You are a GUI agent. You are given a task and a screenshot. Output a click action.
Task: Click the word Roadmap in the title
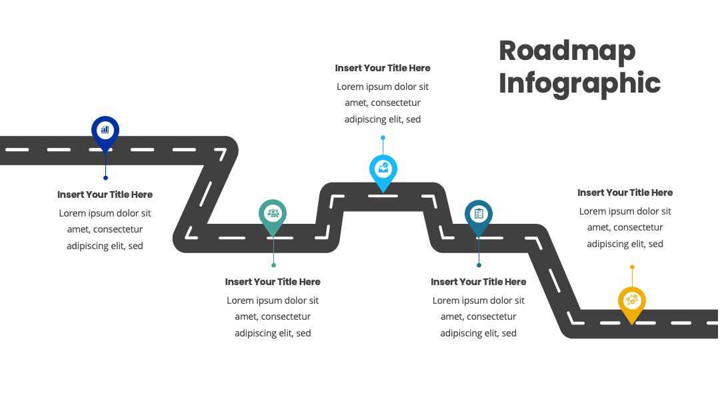[x=567, y=51]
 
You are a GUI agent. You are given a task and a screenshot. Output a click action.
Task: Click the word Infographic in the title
[x=579, y=83]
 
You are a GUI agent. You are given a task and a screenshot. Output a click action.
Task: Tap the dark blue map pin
[x=105, y=132]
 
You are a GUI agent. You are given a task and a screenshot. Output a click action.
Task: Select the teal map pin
[x=273, y=216]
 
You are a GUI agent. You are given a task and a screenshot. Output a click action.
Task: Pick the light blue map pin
[x=383, y=172]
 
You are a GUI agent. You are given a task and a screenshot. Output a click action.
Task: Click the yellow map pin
[x=632, y=303]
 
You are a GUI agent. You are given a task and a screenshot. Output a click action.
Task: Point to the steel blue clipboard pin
[x=479, y=216]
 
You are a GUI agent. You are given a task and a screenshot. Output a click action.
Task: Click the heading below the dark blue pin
[x=105, y=195]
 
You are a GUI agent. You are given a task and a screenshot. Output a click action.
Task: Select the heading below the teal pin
[x=273, y=282]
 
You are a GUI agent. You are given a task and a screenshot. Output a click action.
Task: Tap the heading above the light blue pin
[x=383, y=68]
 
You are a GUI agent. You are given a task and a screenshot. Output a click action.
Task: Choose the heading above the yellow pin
[x=625, y=193]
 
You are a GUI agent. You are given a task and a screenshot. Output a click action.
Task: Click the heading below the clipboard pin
[x=479, y=282]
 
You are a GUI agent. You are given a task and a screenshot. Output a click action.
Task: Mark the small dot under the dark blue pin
[x=105, y=178]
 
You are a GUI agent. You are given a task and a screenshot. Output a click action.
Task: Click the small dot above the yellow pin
[x=632, y=267]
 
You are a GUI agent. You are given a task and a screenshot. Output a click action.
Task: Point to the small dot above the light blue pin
[x=383, y=138]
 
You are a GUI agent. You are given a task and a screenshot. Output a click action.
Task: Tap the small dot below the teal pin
[x=274, y=265]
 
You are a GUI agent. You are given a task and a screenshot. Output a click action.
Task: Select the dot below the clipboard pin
[x=479, y=265]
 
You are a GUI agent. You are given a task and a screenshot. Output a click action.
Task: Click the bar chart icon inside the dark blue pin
[x=105, y=129]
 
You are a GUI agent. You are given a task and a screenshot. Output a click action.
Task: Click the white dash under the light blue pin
[x=383, y=197]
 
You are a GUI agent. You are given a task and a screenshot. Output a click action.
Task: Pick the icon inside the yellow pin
[x=632, y=300]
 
